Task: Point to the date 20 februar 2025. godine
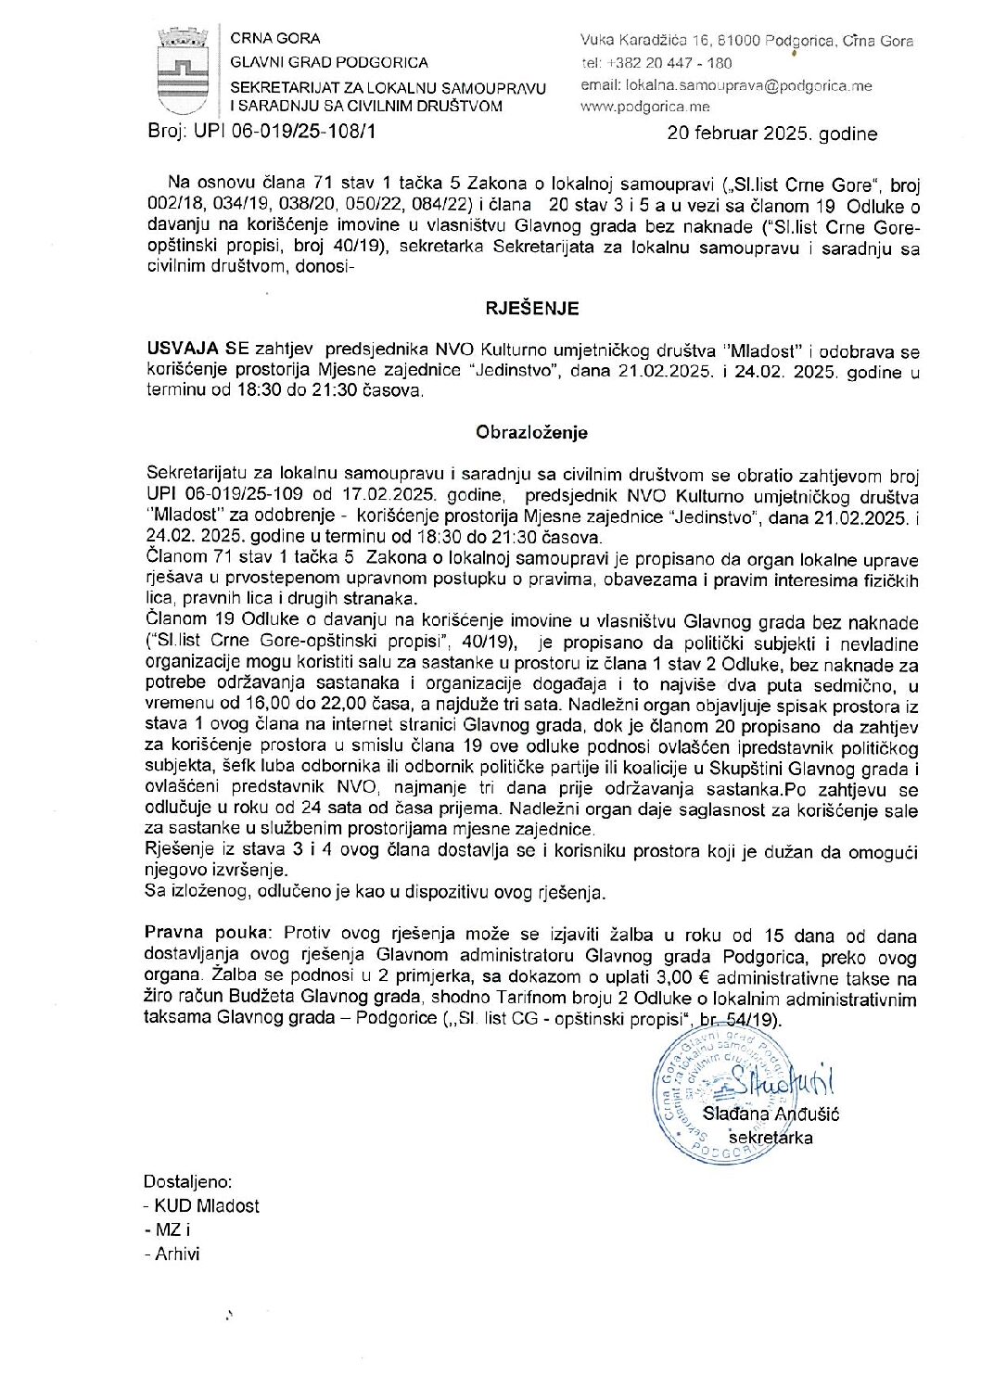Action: coord(771,134)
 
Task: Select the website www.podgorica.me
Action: coord(644,107)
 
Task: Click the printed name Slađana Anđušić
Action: coord(771,1114)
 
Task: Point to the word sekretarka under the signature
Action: coord(771,1137)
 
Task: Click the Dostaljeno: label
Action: coord(188,1181)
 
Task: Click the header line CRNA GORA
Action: coord(275,39)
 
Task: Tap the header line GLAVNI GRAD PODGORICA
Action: coord(329,62)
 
